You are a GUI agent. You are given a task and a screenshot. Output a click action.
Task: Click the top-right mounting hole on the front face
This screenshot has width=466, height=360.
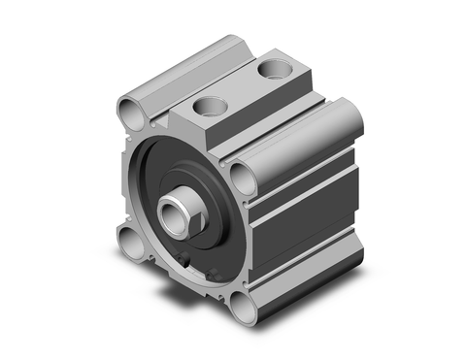(x=241, y=176)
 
